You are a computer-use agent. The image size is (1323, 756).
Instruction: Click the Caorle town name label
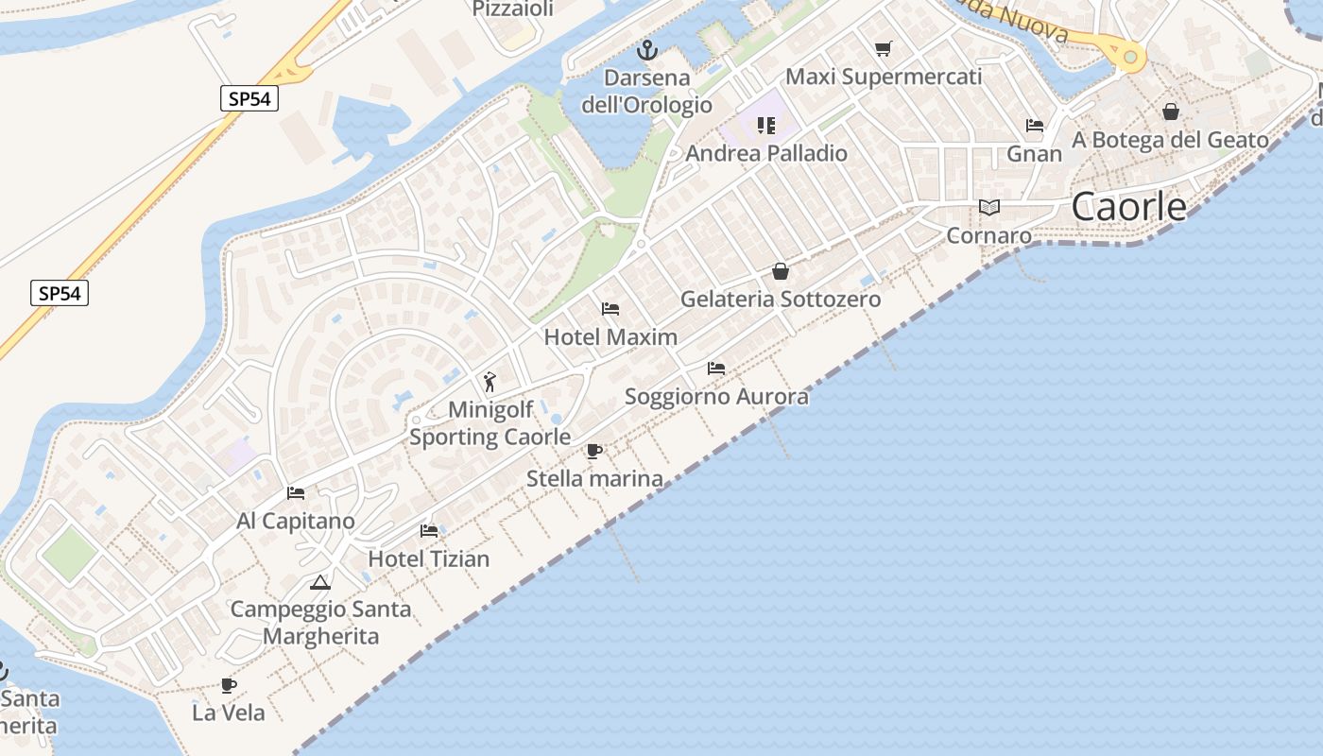click(1128, 207)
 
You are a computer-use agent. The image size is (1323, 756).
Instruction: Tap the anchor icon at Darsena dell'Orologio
click(647, 50)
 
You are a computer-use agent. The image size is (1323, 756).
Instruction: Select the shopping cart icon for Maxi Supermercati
click(884, 48)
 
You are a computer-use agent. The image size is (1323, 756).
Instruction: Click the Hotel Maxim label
click(610, 337)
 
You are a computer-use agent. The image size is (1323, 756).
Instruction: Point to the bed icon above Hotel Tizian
click(429, 530)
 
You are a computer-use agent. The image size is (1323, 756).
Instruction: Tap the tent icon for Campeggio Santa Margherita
click(320, 582)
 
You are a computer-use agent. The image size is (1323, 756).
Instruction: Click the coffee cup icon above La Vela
click(228, 685)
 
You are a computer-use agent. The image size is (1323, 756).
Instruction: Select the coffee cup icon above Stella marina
click(593, 451)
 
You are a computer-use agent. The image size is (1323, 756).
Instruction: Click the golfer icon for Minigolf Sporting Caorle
click(490, 382)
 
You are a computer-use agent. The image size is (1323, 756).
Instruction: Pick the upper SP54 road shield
click(249, 98)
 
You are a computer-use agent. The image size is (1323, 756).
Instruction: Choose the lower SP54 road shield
click(60, 294)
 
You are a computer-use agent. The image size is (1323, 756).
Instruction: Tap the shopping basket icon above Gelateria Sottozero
click(781, 272)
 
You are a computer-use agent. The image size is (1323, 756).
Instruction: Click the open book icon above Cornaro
click(988, 208)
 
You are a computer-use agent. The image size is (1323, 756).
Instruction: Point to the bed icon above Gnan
click(1035, 126)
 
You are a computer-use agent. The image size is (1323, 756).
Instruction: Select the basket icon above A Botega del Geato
click(1171, 112)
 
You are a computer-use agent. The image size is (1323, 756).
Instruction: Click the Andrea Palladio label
click(766, 153)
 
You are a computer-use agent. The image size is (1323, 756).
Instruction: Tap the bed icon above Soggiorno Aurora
click(716, 369)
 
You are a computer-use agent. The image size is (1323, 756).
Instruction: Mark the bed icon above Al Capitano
click(296, 493)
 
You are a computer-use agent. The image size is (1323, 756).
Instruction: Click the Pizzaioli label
click(511, 9)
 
